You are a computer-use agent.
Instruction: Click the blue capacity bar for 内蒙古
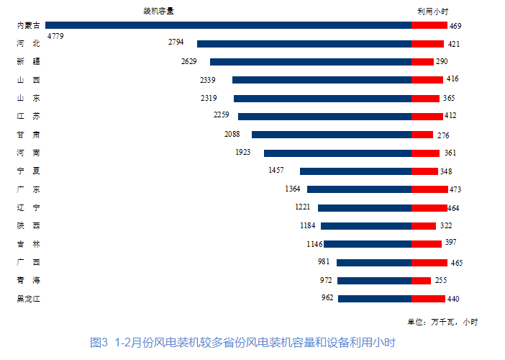coord(227,25)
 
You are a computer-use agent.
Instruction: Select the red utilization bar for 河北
coord(427,44)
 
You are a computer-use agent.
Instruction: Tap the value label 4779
coord(55,35)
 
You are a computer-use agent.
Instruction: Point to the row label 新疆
coord(28,62)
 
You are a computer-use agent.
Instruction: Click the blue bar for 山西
coord(322,80)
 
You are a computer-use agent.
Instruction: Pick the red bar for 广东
coord(429,189)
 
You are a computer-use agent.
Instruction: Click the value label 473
coord(455,189)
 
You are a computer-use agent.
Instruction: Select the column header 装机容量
coord(158,12)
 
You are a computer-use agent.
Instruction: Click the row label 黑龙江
coord(28,299)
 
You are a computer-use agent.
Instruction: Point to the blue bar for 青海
coord(374,281)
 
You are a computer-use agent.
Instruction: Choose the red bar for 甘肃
coord(422,135)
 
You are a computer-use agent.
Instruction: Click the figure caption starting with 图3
coord(244,343)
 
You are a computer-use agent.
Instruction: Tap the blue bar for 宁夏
coord(355,171)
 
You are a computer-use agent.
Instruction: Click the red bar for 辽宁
coord(429,208)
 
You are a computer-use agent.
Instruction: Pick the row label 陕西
coord(28,226)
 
